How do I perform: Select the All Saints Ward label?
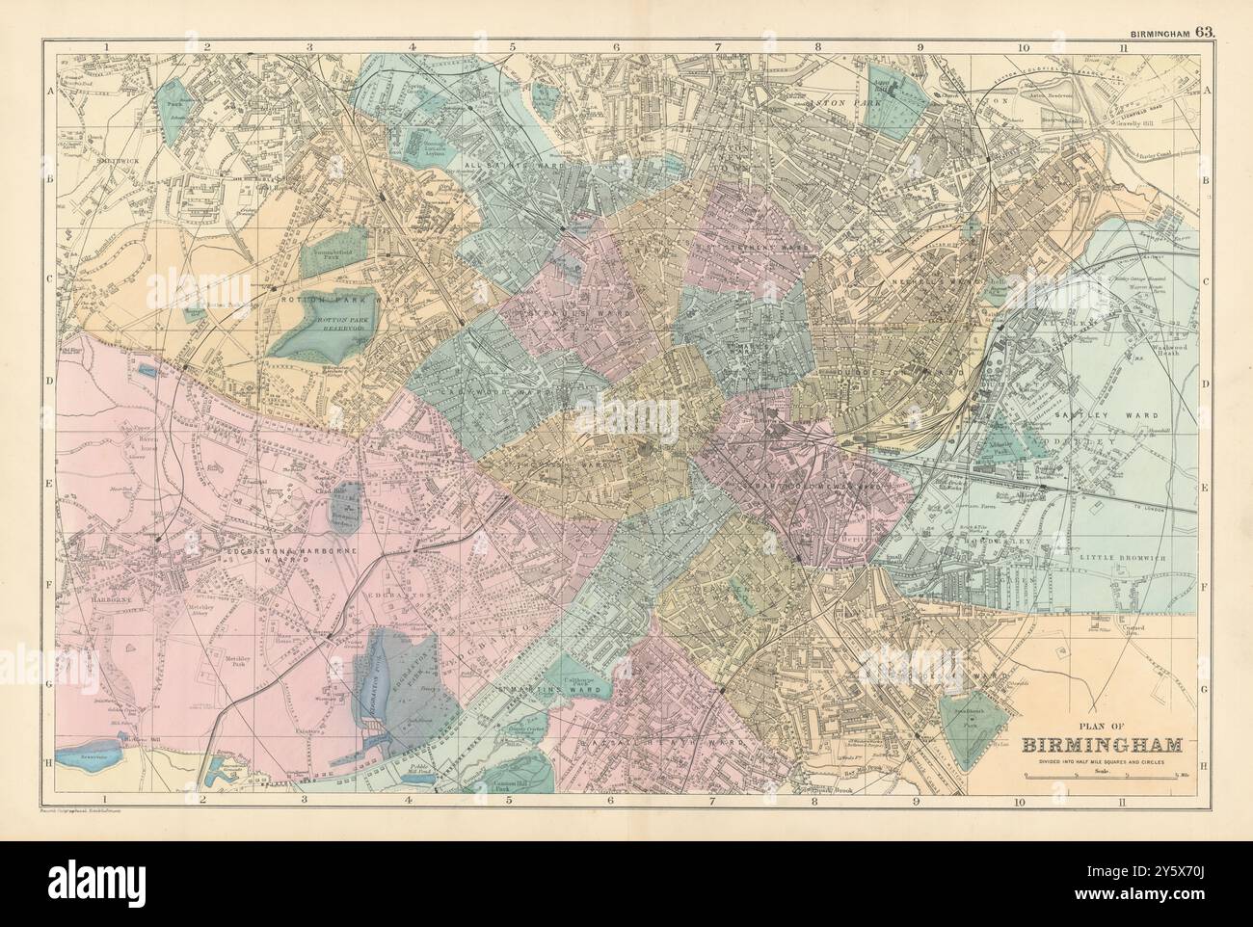pyautogui.click(x=526, y=166)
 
